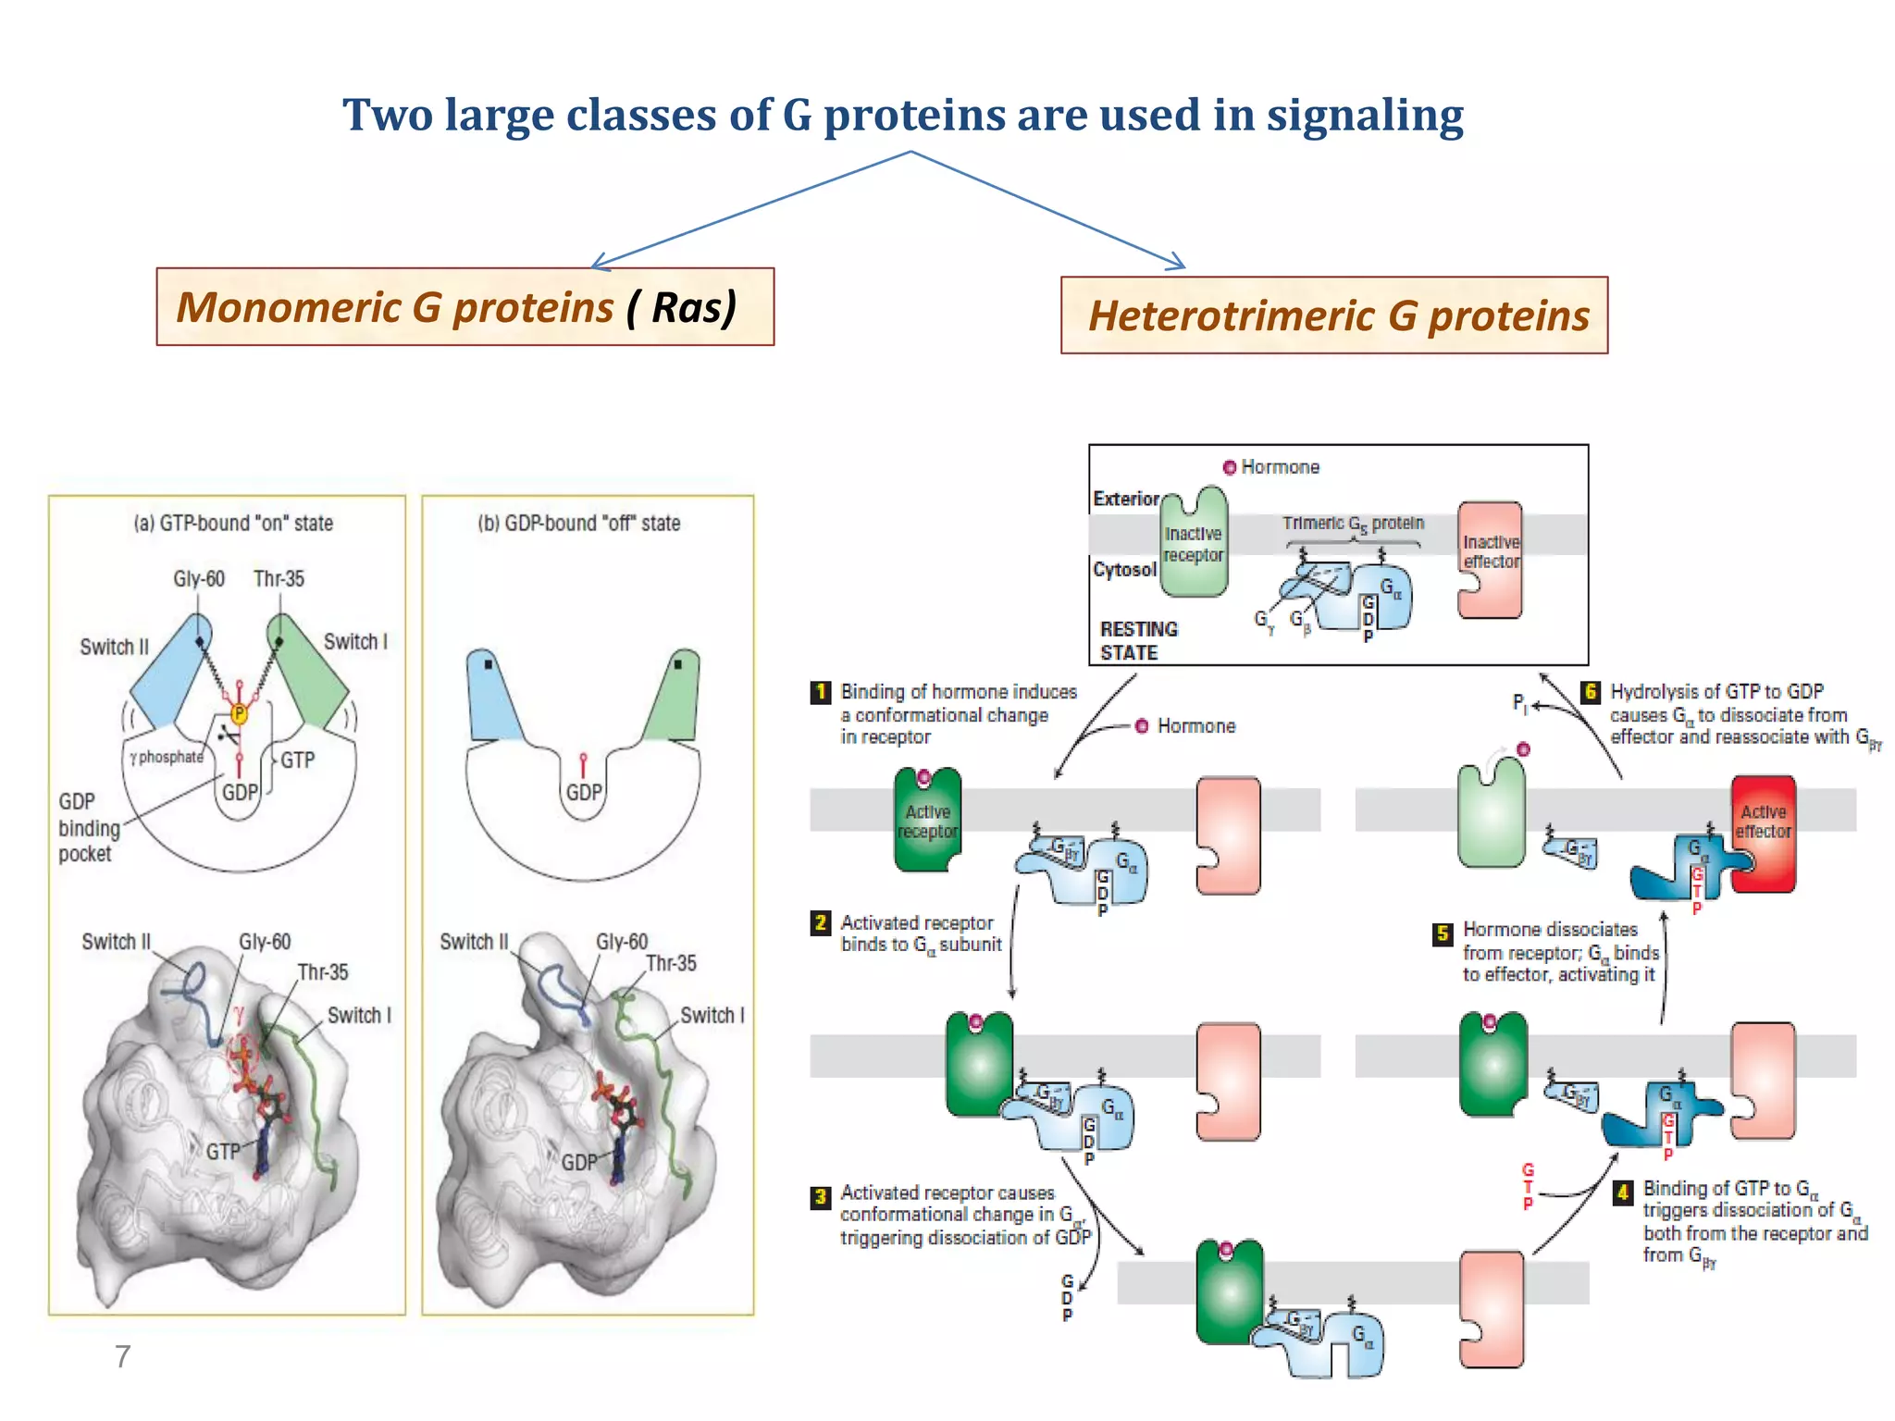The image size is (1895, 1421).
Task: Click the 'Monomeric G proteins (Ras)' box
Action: pyautogui.click(x=464, y=307)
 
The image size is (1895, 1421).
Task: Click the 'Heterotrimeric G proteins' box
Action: pyautogui.click(x=1333, y=315)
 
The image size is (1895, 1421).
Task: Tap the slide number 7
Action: pyautogui.click(x=122, y=1356)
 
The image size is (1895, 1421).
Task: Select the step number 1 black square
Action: pyautogui.click(x=820, y=692)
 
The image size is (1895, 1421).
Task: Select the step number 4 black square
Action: pyautogui.click(x=1622, y=1192)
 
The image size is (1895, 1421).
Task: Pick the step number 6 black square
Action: pyautogui.click(x=1590, y=692)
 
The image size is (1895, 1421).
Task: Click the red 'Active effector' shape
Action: pyautogui.click(x=1764, y=833)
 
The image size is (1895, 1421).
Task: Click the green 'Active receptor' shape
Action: pyautogui.click(x=927, y=821)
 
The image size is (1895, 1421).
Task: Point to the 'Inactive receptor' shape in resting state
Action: pyautogui.click(x=1194, y=545)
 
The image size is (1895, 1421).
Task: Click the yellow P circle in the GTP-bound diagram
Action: pyautogui.click(x=239, y=713)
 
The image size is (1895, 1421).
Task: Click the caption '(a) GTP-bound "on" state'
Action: pyautogui.click(x=233, y=524)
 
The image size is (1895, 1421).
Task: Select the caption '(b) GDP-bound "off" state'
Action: pyautogui.click(x=579, y=524)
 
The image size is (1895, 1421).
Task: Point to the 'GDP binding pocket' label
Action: pyautogui.click(x=89, y=827)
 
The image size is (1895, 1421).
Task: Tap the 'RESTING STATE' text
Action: pyautogui.click(x=1138, y=640)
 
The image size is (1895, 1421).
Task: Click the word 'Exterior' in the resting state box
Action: pyautogui.click(x=1125, y=499)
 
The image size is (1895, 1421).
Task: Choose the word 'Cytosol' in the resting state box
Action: pyautogui.click(x=1124, y=569)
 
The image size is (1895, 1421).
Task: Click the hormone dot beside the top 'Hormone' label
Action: pyautogui.click(x=1230, y=467)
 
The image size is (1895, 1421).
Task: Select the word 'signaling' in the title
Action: pyautogui.click(x=1365, y=116)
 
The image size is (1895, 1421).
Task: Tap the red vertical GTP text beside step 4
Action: pyautogui.click(x=1528, y=1187)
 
